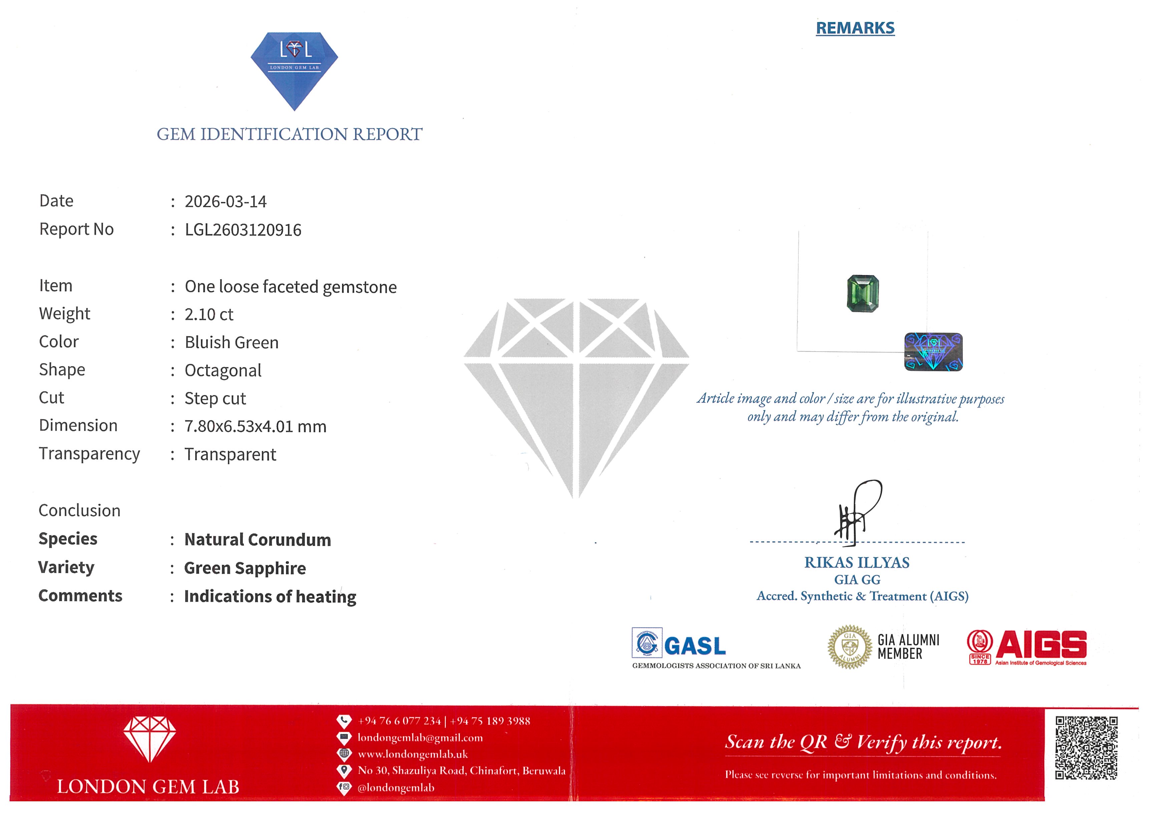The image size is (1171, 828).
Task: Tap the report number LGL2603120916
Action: pyautogui.click(x=243, y=230)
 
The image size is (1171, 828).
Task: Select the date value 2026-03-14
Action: pyautogui.click(x=226, y=201)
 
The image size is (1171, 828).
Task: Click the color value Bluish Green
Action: pyautogui.click(x=232, y=342)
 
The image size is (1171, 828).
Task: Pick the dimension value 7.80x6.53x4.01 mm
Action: pyautogui.click(x=255, y=426)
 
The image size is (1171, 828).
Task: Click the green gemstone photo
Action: pyautogui.click(x=862, y=293)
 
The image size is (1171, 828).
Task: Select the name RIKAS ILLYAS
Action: pyautogui.click(x=857, y=562)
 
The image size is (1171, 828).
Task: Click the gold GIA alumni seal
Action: pyautogui.click(x=849, y=647)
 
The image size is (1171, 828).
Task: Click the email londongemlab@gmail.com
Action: pyautogui.click(x=420, y=737)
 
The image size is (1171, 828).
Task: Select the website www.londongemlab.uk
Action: pyautogui.click(x=413, y=754)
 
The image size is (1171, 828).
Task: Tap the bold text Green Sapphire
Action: pyautogui.click(x=245, y=568)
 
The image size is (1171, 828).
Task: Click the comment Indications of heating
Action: pyautogui.click(x=270, y=596)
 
